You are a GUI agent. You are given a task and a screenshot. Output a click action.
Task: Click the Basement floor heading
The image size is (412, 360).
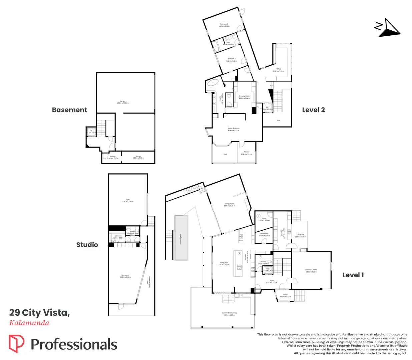[x=69, y=110]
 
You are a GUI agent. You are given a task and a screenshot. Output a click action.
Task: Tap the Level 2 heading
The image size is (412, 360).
[x=313, y=110]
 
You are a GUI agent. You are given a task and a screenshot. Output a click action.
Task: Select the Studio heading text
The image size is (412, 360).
[x=87, y=245]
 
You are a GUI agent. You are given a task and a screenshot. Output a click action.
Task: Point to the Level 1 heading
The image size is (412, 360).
[x=353, y=275]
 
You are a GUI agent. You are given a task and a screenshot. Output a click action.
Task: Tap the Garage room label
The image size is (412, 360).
[x=122, y=102]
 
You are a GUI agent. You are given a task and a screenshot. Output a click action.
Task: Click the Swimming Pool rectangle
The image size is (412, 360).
[x=181, y=238]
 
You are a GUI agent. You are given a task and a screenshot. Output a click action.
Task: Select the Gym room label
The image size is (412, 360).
[x=128, y=200]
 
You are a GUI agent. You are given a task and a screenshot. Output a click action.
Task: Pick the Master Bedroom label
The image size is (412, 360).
[x=234, y=129]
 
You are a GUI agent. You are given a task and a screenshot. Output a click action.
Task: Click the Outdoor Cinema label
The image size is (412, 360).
[x=311, y=271]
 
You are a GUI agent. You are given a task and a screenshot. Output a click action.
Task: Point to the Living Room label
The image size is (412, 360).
[x=230, y=205]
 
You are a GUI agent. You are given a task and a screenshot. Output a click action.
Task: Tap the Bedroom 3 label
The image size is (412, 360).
[x=224, y=25]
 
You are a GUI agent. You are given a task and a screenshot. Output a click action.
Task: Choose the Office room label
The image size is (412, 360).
[x=279, y=70]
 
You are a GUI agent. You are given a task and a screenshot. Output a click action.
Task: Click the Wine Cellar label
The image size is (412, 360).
[x=264, y=235]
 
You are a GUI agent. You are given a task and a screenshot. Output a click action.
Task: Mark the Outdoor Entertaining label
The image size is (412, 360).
[x=229, y=314]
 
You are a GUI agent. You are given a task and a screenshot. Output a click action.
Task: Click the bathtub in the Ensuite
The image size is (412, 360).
[x=213, y=83]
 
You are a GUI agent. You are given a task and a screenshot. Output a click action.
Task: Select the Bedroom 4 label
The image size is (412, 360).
[x=125, y=276]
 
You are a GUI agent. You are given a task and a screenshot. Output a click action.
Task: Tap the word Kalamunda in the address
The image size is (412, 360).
[x=29, y=323]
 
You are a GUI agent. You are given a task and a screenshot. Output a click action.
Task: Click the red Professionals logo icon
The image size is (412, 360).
[x=16, y=344]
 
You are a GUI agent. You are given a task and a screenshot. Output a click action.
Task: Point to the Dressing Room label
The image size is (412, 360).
[x=244, y=97]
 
